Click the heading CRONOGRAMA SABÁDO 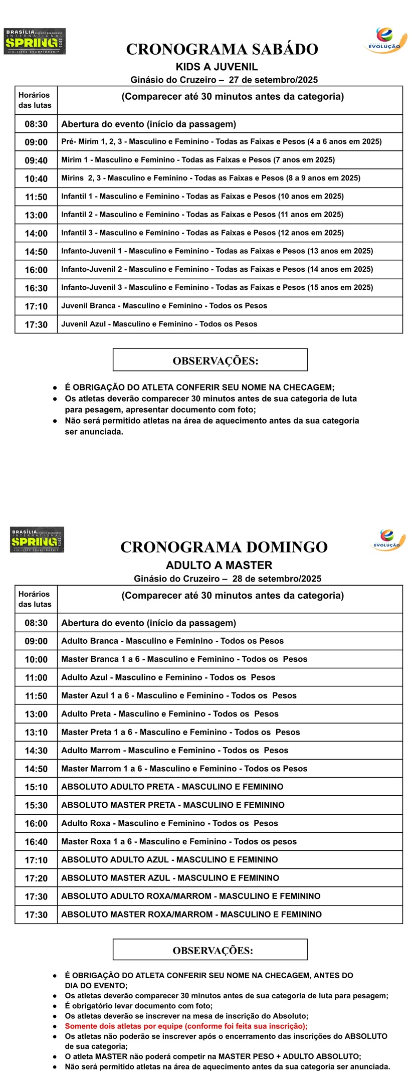point(222,49)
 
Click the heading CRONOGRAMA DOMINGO point(224,547)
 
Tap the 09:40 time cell point(36,160)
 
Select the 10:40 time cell point(36,179)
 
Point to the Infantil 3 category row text point(202,233)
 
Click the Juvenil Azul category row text point(159,324)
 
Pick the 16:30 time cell point(36,288)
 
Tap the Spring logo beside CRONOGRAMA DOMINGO point(37,540)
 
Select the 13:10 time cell point(36,733)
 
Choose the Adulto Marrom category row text point(174,751)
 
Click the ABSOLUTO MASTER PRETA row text point(172,805)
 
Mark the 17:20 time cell point(36,878)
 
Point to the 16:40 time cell point(36,842)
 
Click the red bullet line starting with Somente point(186,1026)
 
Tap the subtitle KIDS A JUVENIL point(217,67)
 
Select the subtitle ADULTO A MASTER point(219,566)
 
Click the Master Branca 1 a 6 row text point(184,659)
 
